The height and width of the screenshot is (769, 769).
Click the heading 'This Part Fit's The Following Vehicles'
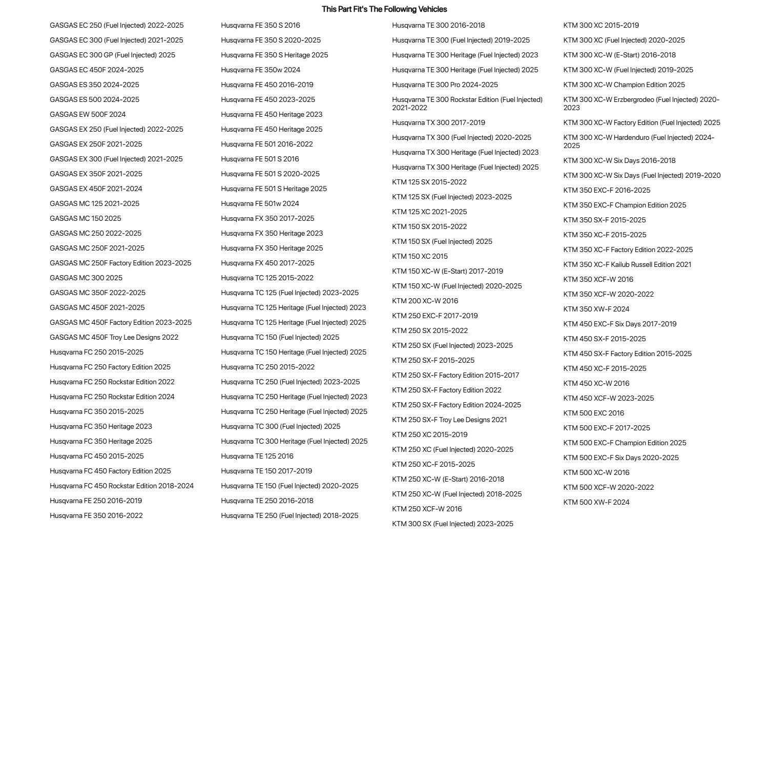point(384,9)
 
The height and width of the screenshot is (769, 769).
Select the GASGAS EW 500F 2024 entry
point(88,114)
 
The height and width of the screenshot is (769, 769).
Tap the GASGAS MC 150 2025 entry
point(86,218)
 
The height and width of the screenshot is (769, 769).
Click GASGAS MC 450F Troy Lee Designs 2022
point(114,337)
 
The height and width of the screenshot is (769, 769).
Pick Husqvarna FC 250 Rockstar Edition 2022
point(112,382)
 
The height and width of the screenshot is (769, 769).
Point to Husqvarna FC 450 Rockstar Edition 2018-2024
point(122,486)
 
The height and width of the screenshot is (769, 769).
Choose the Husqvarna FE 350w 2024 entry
point(261,70)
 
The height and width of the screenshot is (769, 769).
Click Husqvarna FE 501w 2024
point(260,203)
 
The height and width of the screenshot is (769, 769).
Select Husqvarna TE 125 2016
point(257,456)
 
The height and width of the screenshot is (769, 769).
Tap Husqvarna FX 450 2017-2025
point(268,263)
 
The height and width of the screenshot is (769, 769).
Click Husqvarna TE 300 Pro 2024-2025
point(445,85)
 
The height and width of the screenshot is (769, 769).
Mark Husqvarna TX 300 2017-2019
point(439,122)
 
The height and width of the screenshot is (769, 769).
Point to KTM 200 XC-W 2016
point(425,301)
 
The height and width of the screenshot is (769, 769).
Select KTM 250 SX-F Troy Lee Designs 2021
point(450,420)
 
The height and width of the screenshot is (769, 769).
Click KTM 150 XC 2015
point(420,256)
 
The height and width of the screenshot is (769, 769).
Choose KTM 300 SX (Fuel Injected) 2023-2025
point(453,524)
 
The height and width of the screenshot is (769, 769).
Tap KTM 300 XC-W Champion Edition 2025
point(625,85)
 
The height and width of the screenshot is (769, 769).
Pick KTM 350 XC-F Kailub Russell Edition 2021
point(628,264)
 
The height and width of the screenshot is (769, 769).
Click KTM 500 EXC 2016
point(594,413)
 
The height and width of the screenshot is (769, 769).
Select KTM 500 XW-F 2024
point(596,502)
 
